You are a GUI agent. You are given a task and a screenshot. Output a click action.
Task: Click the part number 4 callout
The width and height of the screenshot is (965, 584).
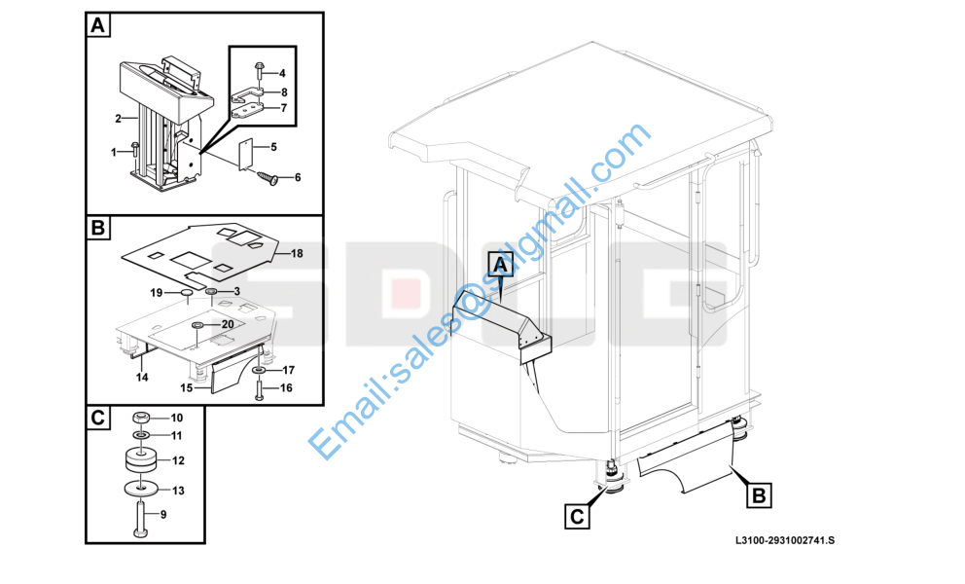tap(282, 73)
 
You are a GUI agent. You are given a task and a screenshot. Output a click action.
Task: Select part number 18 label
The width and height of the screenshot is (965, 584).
tap(297, 253)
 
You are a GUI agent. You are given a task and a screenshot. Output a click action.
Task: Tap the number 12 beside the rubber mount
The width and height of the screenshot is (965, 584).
tap(178, 460)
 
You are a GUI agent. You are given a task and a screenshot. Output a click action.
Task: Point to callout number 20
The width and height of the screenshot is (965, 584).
tap(227, 324)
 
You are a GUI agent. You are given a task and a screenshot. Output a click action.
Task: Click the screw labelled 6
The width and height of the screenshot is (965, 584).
tap(268, 177)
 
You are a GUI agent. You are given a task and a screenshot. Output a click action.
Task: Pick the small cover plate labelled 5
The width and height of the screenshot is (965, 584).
tap(246, 154)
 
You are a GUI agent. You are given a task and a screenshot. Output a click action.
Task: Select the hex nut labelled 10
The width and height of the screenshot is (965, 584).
tap(141, 418)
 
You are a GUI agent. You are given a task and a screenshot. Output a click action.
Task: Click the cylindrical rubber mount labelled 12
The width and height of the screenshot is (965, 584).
tap(141, 459)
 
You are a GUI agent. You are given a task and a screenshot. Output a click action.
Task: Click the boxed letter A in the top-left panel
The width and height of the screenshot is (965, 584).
tap(98, 26)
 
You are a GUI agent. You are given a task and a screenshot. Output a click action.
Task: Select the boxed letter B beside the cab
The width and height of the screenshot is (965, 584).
tap(759, 495)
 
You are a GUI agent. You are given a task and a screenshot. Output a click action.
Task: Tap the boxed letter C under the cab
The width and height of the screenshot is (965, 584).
tap(577, 516)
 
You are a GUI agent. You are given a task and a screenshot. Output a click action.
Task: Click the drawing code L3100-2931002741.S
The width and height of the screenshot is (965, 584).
tap(785, 540)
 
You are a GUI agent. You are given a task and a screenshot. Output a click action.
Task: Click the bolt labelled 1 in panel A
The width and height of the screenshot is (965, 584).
tap(135, 151)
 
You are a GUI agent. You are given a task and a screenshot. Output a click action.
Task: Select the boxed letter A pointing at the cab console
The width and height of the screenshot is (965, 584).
tap(501, 265)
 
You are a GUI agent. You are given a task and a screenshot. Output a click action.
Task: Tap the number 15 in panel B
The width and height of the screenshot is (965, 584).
tap(186, 388)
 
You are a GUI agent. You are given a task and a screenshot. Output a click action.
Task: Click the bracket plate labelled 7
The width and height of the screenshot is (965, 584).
tap(247, 111)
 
